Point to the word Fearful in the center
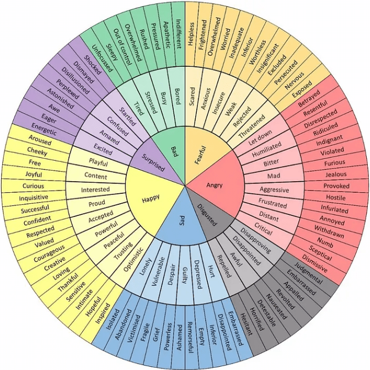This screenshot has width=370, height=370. click(x=200, y=155)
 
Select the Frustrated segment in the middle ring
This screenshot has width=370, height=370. click(x=272, y=203)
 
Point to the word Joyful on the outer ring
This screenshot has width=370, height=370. click(x=34, y=175)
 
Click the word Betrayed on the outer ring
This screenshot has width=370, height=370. click(x=309, y=98)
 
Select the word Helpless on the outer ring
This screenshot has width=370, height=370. click(x=191, y=34)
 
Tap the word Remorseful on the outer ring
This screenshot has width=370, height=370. click(x=190, y=337)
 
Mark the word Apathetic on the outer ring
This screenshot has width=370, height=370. click(x=166, y=35)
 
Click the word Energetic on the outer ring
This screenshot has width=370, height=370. click(x=44, y=129)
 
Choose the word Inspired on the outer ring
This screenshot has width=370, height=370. click(x=103, y=313)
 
